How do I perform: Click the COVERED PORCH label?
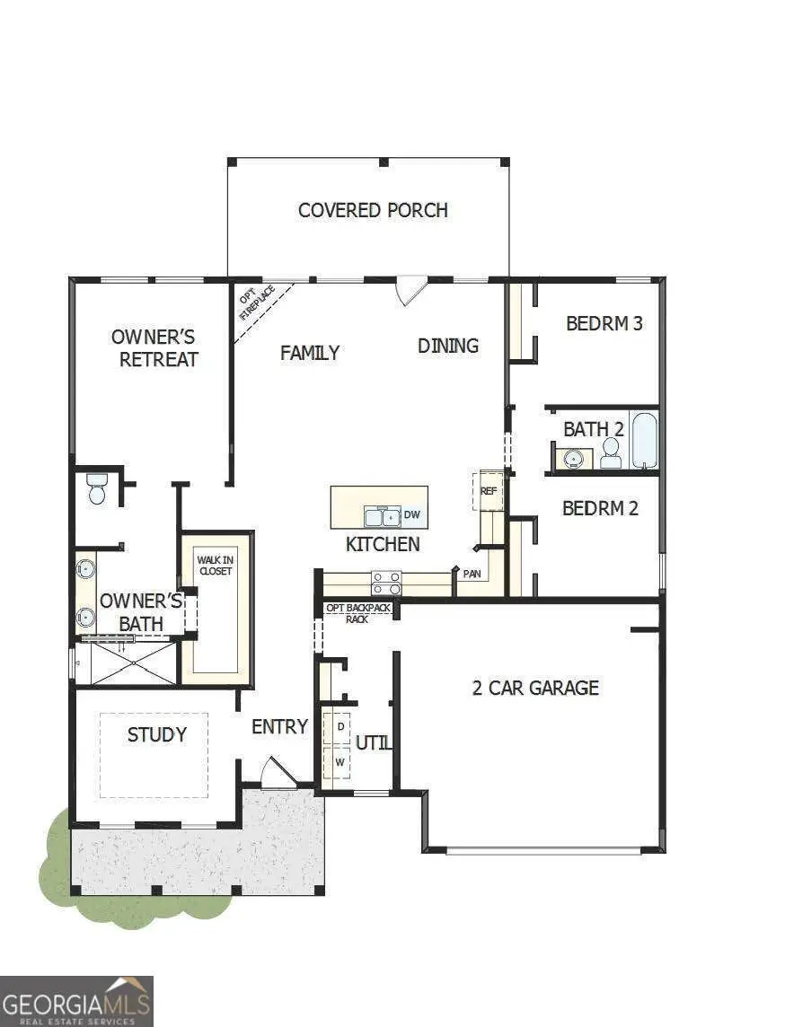coord(373,210)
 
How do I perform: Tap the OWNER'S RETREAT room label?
coord(154,348)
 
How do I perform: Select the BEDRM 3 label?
coord(604,323)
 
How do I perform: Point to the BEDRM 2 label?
coord(600,508)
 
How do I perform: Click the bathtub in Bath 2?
coord(644,439)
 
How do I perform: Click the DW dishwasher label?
coord(412,514)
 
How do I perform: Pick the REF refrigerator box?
coord(488,491)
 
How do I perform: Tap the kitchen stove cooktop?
coord(386,584)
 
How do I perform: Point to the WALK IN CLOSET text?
coord(215,566)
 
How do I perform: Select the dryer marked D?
coord(340,725)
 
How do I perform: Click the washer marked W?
coord(340,761)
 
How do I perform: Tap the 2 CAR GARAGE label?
coord(535,688)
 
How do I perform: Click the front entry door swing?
coord(277,773)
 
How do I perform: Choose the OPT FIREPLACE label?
coord(257,303)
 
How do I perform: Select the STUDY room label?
coord(157,734)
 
